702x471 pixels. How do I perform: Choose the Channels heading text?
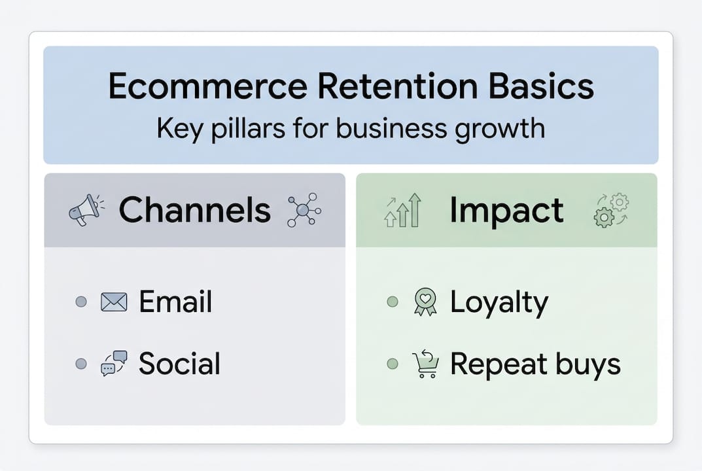194,210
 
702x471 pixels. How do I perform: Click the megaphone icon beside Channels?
86,210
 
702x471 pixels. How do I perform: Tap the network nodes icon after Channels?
304,210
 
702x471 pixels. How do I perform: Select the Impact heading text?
506,210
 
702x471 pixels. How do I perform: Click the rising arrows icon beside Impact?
402,210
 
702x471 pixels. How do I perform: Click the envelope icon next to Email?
114,302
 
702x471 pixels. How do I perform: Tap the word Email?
175,302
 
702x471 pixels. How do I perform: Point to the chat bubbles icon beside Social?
114,363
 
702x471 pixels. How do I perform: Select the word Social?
179,364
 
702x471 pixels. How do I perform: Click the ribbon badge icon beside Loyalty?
425,302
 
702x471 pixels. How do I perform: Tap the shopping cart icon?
425,364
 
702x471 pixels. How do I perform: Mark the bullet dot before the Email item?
81,302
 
